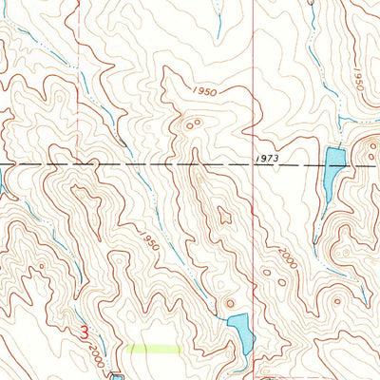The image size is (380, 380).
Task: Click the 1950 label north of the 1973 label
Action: [201, 90]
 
